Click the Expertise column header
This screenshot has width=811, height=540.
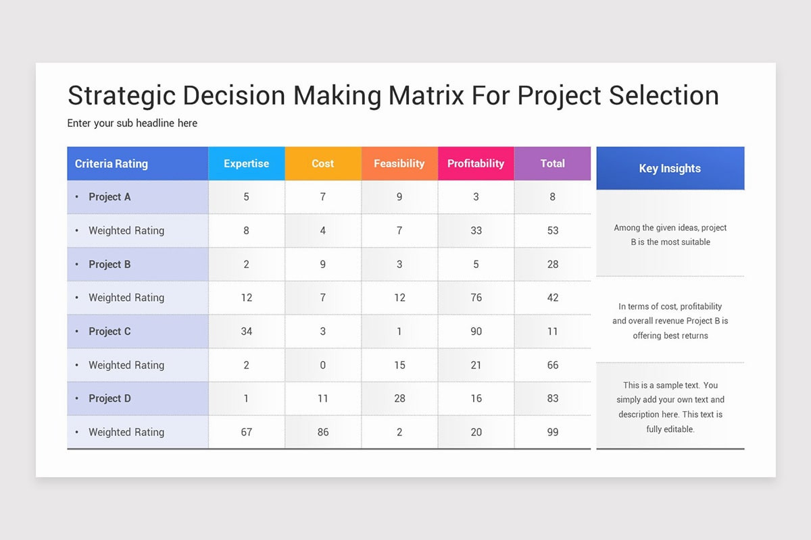click(x=246, y=163)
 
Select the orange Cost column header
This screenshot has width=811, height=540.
click(x=322, y=163)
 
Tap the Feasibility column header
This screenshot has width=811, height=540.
click(x=399, y=163)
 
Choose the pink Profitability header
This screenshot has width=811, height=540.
click(x=476, y=163)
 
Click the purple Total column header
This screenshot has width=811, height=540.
click(x=552, y=163)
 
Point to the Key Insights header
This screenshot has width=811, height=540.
click(x=670, y=169)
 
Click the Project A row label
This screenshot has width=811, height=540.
click(x=109, y=197)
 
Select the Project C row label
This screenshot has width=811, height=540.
click(x=109, y=331)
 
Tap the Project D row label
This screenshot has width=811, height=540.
click(x=109, y=398)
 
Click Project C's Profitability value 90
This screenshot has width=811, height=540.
click(x=476, y=331)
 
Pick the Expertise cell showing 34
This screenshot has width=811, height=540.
click(x=246, y=331)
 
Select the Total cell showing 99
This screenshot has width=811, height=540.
click(x=552, y=432)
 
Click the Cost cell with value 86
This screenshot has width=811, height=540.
click(x=322, y=432)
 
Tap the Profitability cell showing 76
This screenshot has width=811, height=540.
click(x=476, y=298)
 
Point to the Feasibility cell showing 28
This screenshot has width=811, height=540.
click(x=399, y=398)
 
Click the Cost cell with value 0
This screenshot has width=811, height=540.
click(x=322, y=365)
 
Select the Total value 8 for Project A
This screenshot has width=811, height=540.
click(x=552, y=197)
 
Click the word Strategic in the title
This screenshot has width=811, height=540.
click(x=120, y=96)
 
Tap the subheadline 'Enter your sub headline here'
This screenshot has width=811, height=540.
click(x=132, y=124)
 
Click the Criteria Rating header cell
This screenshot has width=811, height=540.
click(x=112, y=164)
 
